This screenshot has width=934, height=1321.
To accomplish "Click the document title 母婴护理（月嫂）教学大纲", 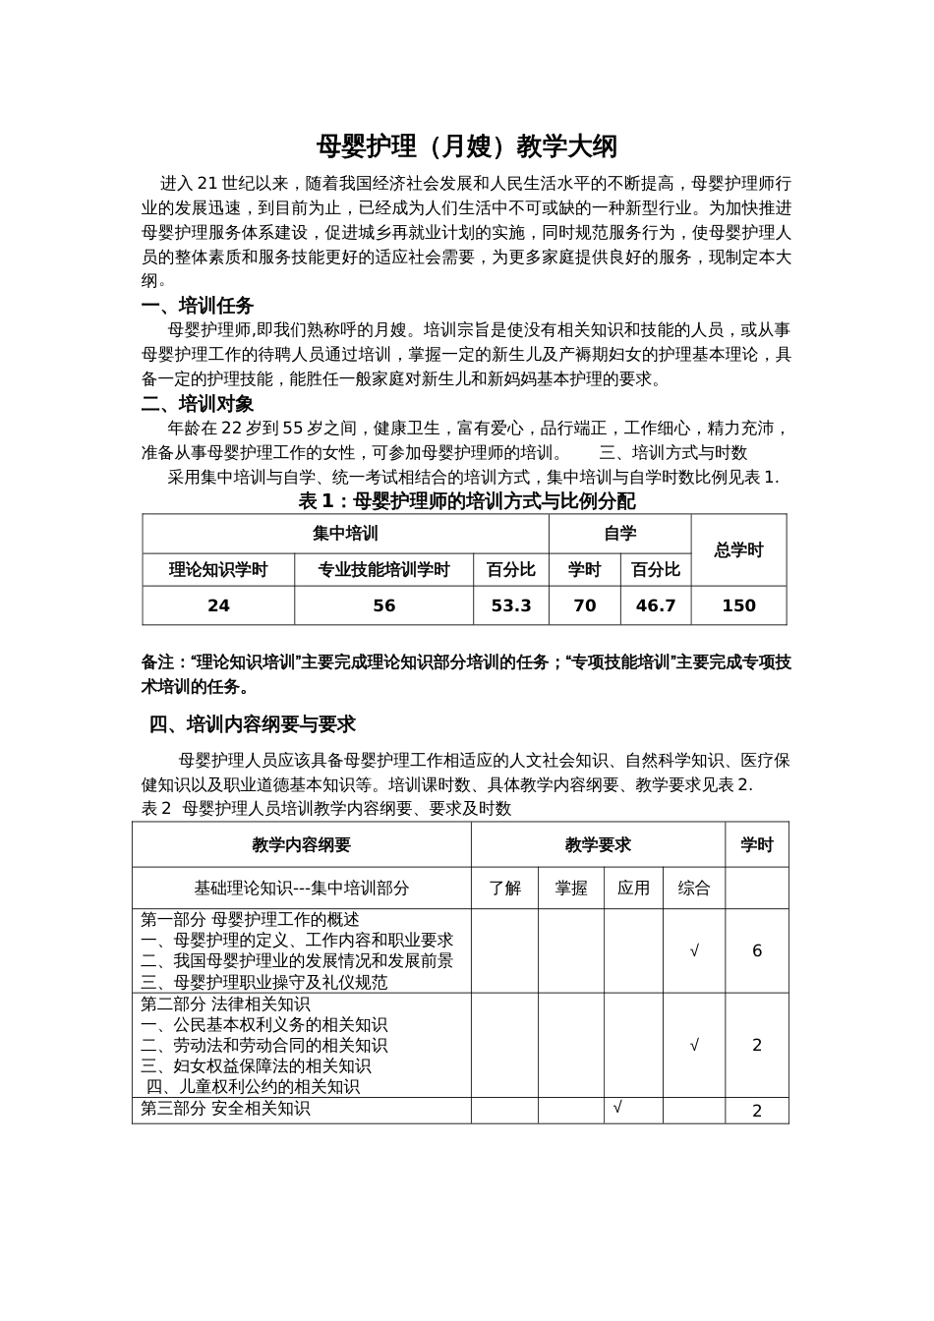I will (466, 146).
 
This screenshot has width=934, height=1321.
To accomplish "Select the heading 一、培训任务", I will (197, 306).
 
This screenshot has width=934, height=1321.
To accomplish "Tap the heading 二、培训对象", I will (197, 404).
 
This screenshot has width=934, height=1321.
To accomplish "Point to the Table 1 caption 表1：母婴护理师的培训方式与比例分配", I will (466, 501).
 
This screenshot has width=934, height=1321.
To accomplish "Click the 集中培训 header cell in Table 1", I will (345, 534).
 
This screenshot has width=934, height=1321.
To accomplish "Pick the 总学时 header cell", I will (738, 550).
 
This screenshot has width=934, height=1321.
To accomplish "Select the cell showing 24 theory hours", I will (218, 605).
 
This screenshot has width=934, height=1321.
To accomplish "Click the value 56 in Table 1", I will (384, 605).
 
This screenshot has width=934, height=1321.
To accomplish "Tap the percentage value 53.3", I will (511, 605).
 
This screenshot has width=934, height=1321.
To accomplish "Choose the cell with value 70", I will (584, 605).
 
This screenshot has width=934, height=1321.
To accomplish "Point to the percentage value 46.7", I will (656, 605).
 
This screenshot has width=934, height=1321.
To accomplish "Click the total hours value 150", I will (738, 605).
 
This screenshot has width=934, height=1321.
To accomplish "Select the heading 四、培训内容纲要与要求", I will (252, 724).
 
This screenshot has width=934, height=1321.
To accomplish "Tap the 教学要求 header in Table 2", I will (598, 844).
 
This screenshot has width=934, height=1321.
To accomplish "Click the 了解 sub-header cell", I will (504, 888).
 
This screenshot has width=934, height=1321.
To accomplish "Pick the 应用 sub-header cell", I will (633, 888).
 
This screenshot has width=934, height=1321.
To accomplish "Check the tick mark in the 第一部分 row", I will (694, 950).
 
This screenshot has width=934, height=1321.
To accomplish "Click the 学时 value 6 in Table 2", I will (757, 950).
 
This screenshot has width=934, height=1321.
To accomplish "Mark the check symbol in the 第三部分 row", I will (617, 1108).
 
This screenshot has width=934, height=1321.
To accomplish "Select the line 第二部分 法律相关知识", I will (225, 1004).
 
